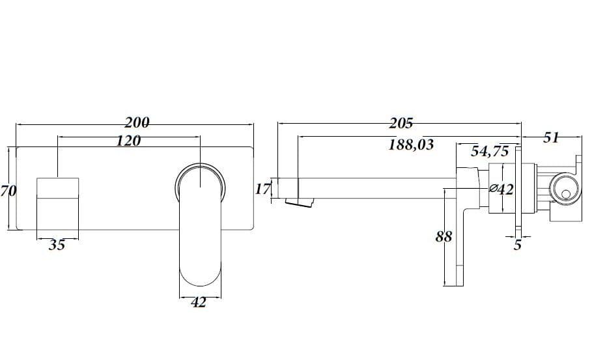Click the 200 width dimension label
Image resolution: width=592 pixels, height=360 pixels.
coord(137,122)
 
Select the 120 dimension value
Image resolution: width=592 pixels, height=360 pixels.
coord(128,141)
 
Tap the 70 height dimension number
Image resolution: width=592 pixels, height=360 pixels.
coord(8,191)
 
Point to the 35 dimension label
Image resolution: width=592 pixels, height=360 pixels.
coord(57,245)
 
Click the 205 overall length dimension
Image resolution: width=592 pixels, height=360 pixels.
coord(401,123)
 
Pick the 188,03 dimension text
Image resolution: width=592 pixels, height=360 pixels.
coord(411,145)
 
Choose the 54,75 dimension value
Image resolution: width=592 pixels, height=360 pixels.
coord(490,151)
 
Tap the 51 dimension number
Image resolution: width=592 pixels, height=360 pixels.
coord(551,138)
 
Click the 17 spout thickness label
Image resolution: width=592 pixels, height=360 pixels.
coord(263,189)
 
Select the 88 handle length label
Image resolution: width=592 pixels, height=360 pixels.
coord(444,236)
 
